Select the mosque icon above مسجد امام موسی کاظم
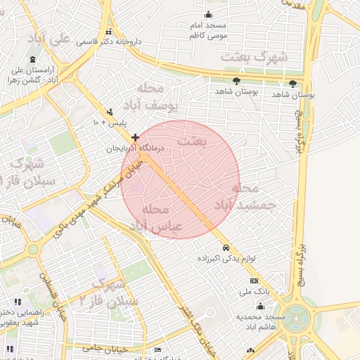pyautogui.click(x=208, y=14)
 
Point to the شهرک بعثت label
pyautogui.click(x=254, y=56)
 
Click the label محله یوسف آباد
pyautogui.click(x=152, y=97)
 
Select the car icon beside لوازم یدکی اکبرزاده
pyautogui.click(x=226, y=247)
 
